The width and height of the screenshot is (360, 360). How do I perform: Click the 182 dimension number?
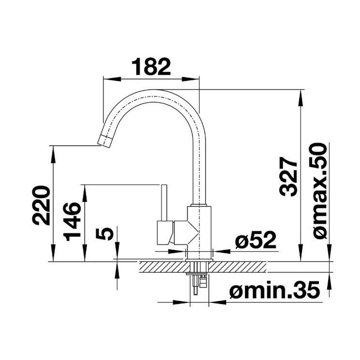tap(151, 67)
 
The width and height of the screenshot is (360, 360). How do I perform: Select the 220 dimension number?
tap(41, 206)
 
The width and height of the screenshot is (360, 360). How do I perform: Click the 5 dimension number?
tap(105, 234)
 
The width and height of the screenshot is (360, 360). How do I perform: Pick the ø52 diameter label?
tap(256, 240)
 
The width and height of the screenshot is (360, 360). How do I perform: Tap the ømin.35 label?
tap(274, 289)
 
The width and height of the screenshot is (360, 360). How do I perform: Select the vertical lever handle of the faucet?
tap(165, 202)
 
